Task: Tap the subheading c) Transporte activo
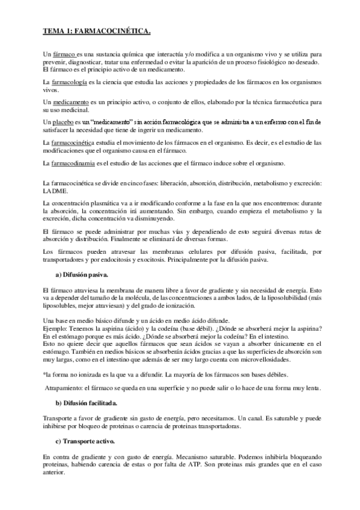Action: (84, 441)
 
